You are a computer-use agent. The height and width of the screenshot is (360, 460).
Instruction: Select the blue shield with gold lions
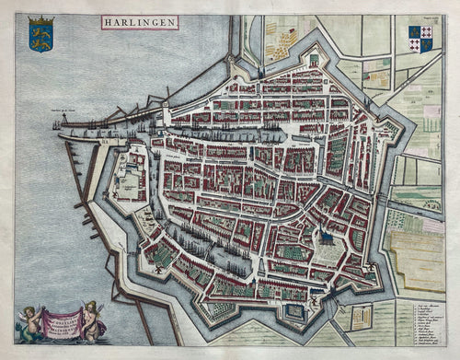(x=40, y=38)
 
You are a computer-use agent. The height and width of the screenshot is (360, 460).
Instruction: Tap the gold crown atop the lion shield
(x=40, y=19)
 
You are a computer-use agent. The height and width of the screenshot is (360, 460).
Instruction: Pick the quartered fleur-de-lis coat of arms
(x=420, y=40)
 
